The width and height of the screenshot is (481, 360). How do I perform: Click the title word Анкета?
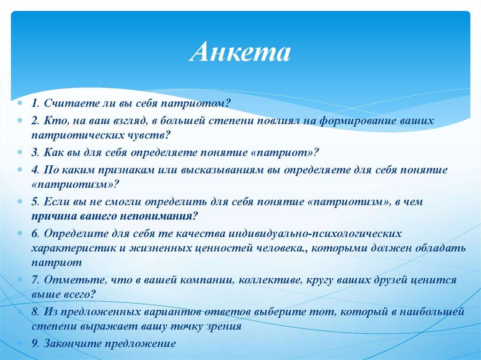tap(240, 52)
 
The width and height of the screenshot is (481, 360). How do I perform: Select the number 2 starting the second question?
tap(34, 121)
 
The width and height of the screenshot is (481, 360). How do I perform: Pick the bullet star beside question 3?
tap(20, 153)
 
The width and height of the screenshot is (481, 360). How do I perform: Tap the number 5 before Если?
tap(35, 202)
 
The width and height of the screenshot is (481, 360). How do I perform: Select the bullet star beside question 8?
tap(20, 312)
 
